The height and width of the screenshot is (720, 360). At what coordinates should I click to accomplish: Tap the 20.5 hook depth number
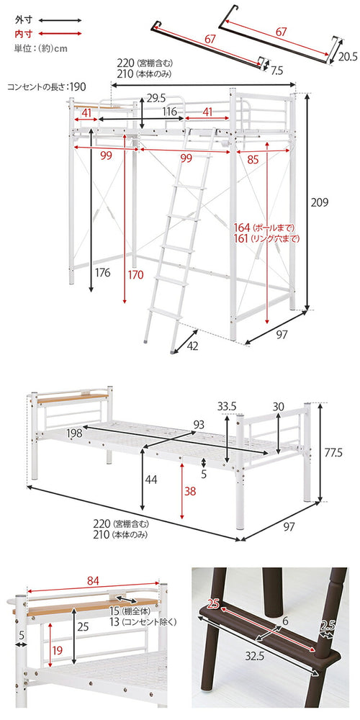click(x=348, y=57)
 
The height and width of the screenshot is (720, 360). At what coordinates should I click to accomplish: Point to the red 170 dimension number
click(x=135, y=274)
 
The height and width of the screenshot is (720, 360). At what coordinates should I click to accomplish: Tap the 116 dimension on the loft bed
click(x=170, y=112)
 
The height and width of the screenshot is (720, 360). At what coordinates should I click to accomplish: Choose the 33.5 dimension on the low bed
click(x=228, y=406)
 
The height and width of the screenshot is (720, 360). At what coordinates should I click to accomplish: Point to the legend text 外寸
click(x=23, y=21)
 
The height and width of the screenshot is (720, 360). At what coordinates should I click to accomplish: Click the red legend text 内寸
click(x=23, y=34)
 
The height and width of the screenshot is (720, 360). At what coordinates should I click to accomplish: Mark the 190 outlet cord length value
click(x=78, y=86)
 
